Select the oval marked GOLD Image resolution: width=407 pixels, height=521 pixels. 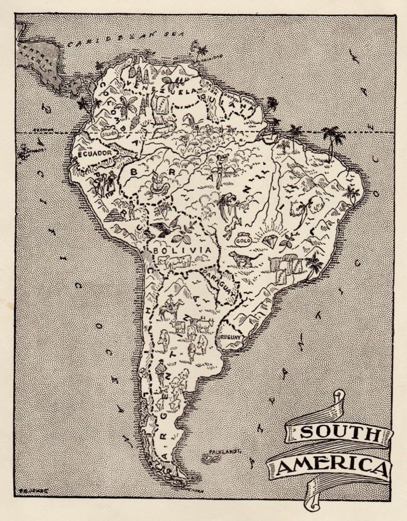[x=242, y=241]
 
